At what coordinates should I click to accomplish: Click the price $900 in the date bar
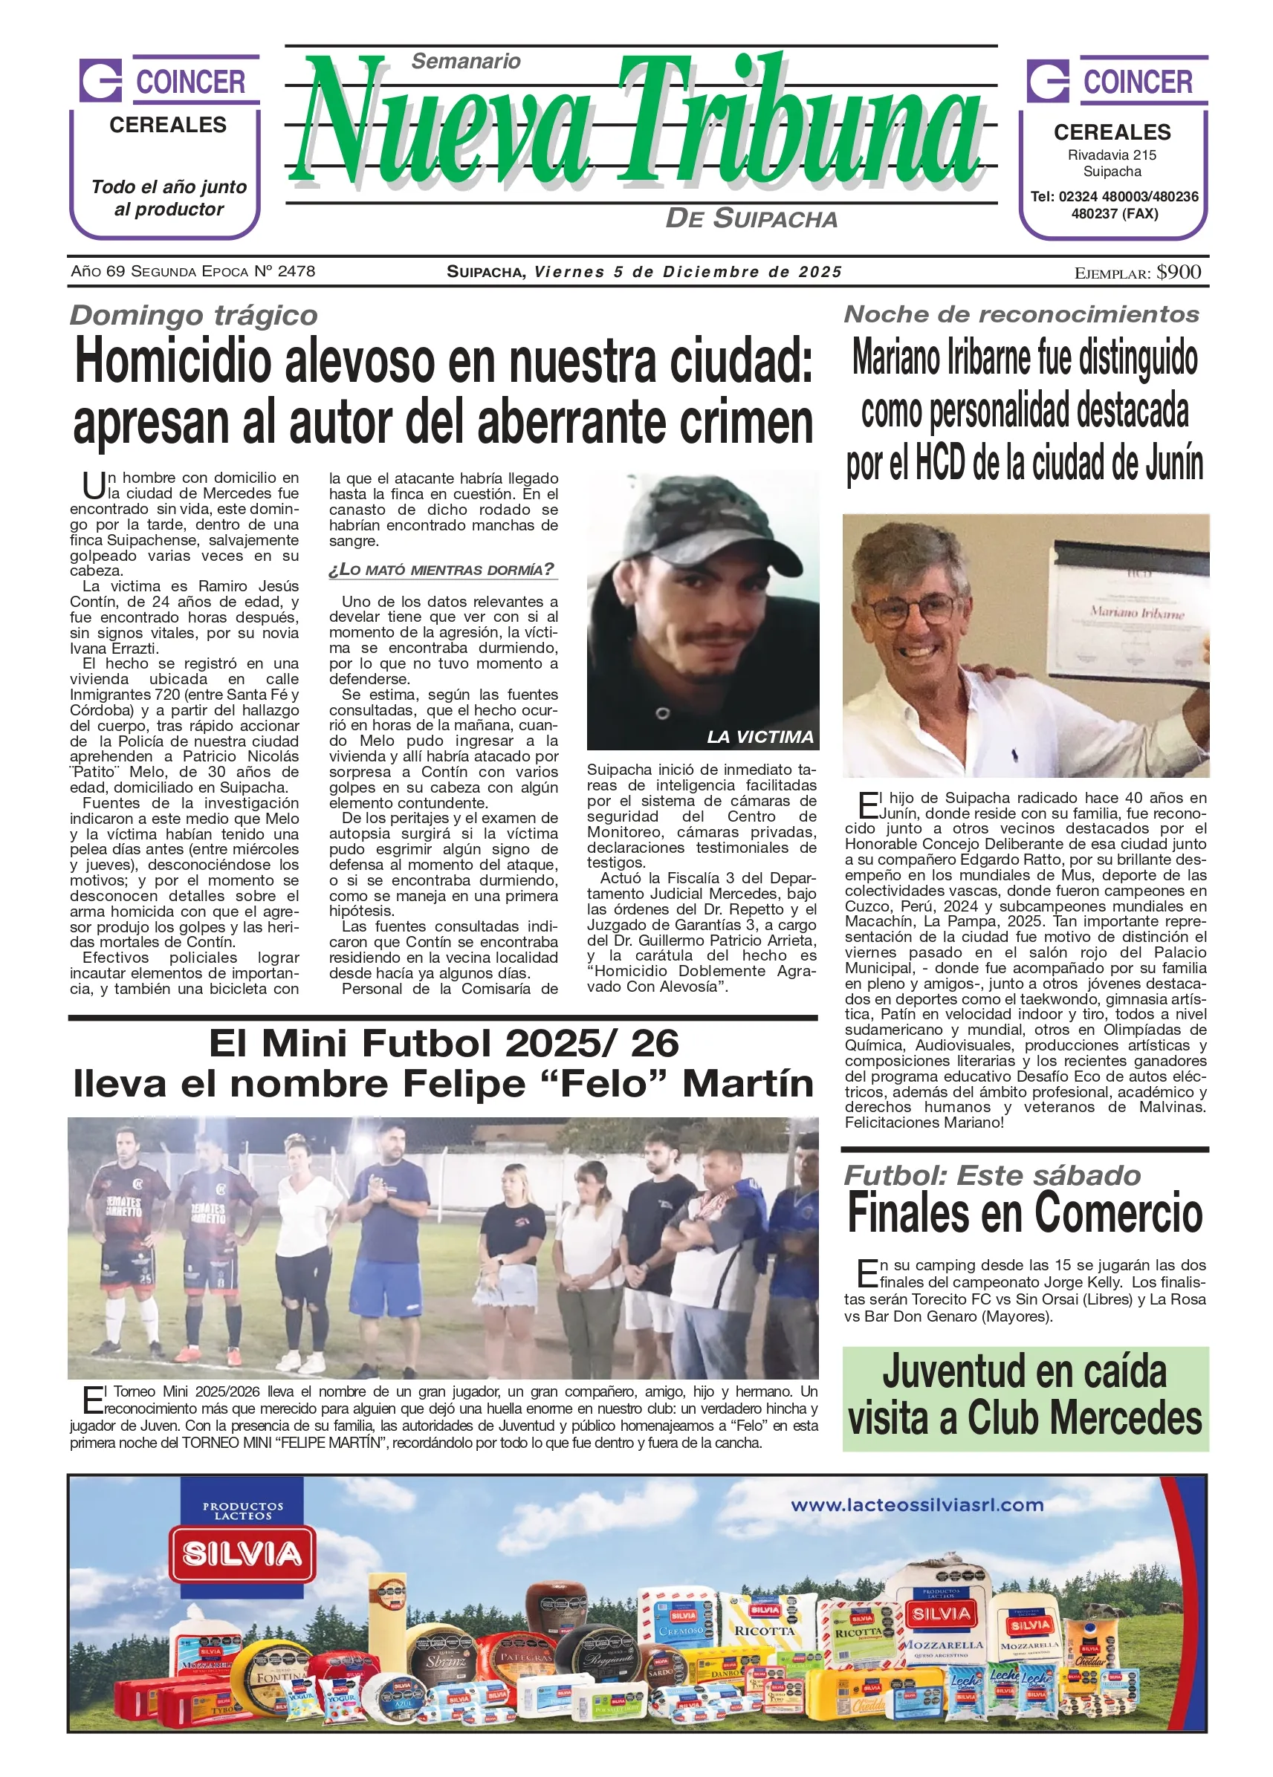point(1178,272)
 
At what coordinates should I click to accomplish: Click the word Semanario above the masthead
point(466,61)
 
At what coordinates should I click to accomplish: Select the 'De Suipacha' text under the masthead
point(751,218)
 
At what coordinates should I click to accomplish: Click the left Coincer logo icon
point(100,80)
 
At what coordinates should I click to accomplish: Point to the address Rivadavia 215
point(1112,155)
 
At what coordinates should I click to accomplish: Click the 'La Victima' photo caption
point(759,736)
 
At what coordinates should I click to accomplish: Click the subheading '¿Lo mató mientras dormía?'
point(442,570)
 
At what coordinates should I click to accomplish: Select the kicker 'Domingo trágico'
point(194,315)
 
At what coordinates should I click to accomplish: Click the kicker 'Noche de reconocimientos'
point(1021,314)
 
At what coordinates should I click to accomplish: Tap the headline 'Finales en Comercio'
point(1025,1214)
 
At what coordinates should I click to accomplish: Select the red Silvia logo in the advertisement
point(242,1554)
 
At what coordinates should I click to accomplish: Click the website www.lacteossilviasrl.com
point(916,1504)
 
